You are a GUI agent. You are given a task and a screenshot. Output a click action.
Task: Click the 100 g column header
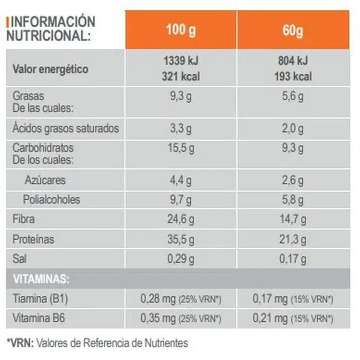pos(181,31)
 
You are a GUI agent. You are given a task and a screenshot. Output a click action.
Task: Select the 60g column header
pos(293,31)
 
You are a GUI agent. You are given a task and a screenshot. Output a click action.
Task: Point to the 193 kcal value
pos(293,76)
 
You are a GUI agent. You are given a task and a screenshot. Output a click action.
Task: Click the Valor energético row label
pos(50,69)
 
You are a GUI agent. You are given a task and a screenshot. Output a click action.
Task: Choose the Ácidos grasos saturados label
pos(66,129)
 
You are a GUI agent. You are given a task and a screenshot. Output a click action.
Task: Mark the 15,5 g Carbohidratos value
pos(181,148)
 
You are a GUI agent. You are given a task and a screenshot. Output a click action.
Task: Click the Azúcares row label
pos(45,180)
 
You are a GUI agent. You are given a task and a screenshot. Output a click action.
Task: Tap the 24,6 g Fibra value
pos(181,220)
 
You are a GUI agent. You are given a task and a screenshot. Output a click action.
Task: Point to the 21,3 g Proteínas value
pos(293,239)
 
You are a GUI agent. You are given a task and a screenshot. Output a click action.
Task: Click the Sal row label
pos(19,259)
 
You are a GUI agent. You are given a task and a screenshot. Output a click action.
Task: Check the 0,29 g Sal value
pos(181,259)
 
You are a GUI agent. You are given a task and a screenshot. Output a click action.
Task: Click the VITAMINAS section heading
pos(41,279)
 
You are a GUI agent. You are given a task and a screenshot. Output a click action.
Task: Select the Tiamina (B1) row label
pos(40,299)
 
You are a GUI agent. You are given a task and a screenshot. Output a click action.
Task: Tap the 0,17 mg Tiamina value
pos(270,299)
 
